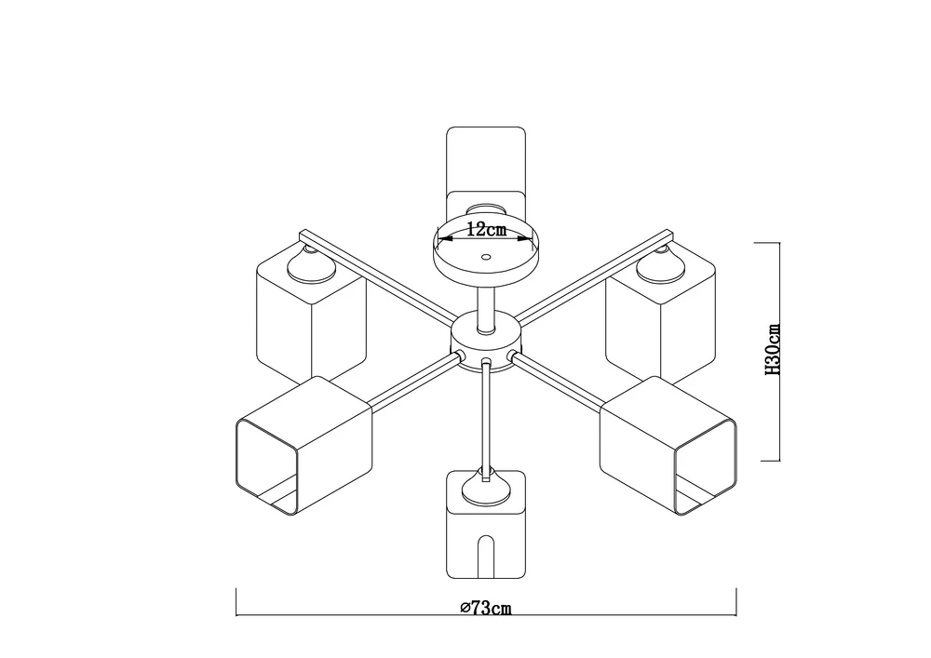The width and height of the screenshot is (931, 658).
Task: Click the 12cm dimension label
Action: point(486,229)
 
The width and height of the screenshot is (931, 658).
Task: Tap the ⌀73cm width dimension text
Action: point(486,608)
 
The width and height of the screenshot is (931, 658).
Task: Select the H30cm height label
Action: point(772,350)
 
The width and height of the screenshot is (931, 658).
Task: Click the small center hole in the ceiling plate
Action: point(486,258)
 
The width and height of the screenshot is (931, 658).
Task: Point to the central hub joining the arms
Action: point(486,342)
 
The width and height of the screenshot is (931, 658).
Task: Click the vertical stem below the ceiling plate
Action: point(486,307)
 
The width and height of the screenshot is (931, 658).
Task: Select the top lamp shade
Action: point(486,169)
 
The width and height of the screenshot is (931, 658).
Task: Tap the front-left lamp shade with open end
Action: point(304,445)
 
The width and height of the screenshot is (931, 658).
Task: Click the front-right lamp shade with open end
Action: point(668,445)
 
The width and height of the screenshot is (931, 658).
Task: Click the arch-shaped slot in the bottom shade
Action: point(486,556)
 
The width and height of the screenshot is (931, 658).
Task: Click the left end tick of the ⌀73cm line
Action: point(236,602)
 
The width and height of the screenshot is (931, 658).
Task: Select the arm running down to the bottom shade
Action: point(486,418)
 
